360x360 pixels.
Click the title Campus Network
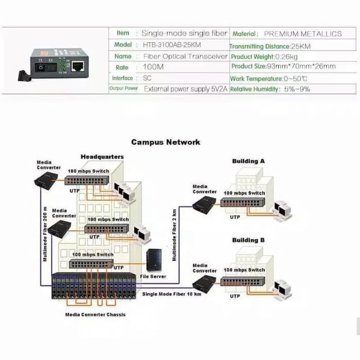pyautogui.click(x=165, y=142)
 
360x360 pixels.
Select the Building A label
pyautogui.click(x=248, y=161)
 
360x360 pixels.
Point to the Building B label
pyautogui.click(x=248, y=240)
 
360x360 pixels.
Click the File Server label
pyautogui.click(x=154, y=276)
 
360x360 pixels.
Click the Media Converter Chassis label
pyautogui.click(x=95, y=314)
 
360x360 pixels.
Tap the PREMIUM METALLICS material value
pyautogui.click(x=302, y=34)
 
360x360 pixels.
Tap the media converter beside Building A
pyautogui.click(x=205, y=207)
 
